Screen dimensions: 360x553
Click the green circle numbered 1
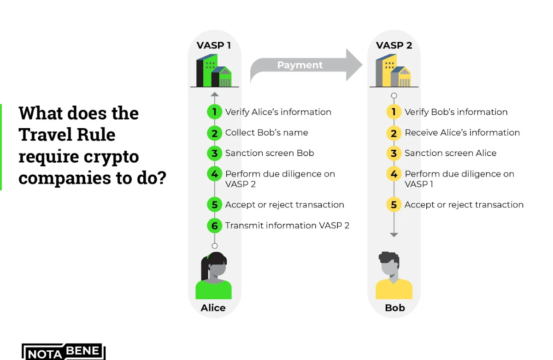click(x=214, y=112)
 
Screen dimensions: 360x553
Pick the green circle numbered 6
click(x=214, y=225)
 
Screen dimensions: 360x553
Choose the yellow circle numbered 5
click(x=394, y=205)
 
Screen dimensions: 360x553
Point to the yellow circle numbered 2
click(x=394, y=133)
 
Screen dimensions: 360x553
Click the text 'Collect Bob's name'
click(x=266, y=133)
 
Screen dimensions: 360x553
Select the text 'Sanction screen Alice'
click(x=450, y=153)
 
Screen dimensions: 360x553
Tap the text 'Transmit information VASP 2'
click(x=287, y=225)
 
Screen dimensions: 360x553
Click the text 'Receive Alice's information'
click(x=462, y=133)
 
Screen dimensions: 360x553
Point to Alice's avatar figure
click(x=214, y=276)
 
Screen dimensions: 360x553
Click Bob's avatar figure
click(x=394, y=276)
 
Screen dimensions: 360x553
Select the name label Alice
click(x=213, y=308)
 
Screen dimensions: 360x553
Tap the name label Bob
click(x=395, y=308)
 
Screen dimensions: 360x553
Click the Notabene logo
click(x=64, y=352)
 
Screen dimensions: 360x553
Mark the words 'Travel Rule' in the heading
click(x=67, y=135)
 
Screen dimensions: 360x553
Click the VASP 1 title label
click(x=214, y=46)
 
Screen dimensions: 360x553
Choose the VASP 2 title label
click(x=394, y=46)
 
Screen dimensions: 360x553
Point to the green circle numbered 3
click(x=214, y=153)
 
